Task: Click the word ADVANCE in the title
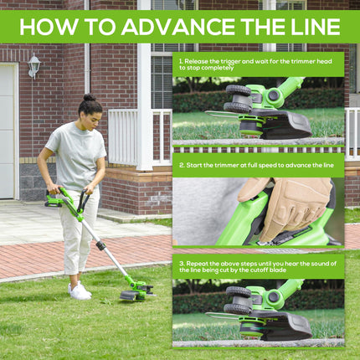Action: (x=178, y=27)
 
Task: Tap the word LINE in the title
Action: (x=312, y=27)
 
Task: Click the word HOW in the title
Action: (x=49, y=27)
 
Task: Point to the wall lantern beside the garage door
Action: (x=34, y=66)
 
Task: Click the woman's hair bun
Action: (x=90, y=97)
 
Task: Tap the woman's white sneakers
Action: (x=80, y=291)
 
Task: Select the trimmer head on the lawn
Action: (x=136, y=291)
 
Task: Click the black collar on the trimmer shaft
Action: (x=100, y=246)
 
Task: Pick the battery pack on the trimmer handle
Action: (x=54, y=201)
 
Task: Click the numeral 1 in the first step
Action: (x=181, y=61)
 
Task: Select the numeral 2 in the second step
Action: (x=182, y=165)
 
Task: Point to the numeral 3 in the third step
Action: (x=182, y=264)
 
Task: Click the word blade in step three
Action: (x=278, y=270)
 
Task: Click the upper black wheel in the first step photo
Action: (x=238, y=90)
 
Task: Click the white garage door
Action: (x=8, y=131)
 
